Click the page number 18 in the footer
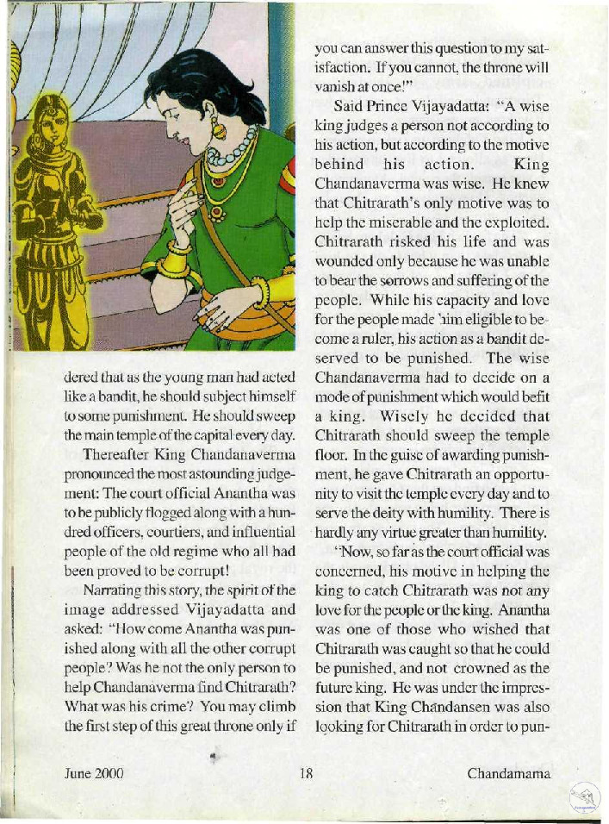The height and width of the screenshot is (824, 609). tap(305, 772)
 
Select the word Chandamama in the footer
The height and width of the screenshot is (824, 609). tap(509, 772)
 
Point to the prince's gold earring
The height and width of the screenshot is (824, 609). tap(219, 130)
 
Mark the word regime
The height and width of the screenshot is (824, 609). tap(163, 550)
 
